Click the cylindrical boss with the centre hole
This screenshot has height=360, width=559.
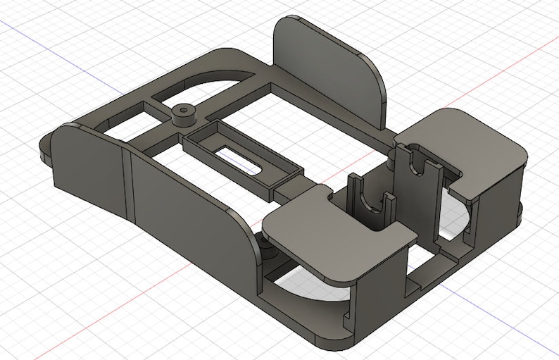tap(184, 113)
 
